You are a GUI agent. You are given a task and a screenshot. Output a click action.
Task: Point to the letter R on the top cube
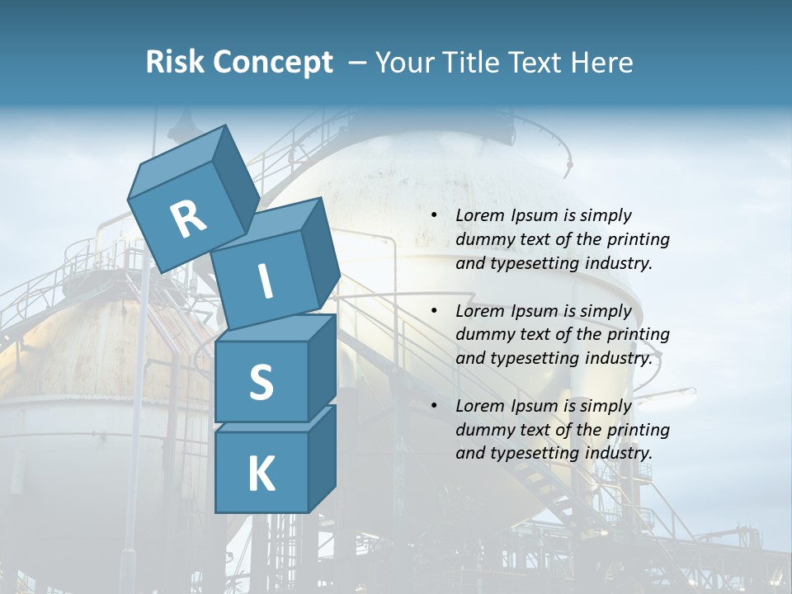188,219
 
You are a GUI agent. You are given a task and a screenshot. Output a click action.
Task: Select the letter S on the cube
261,382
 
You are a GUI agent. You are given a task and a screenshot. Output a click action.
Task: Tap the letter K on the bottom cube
261,474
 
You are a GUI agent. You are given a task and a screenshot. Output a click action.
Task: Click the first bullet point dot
434,216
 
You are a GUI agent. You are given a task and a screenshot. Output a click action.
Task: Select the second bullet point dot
434,312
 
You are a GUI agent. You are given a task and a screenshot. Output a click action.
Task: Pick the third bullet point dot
434,407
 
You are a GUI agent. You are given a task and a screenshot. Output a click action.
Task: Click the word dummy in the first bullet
482,240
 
